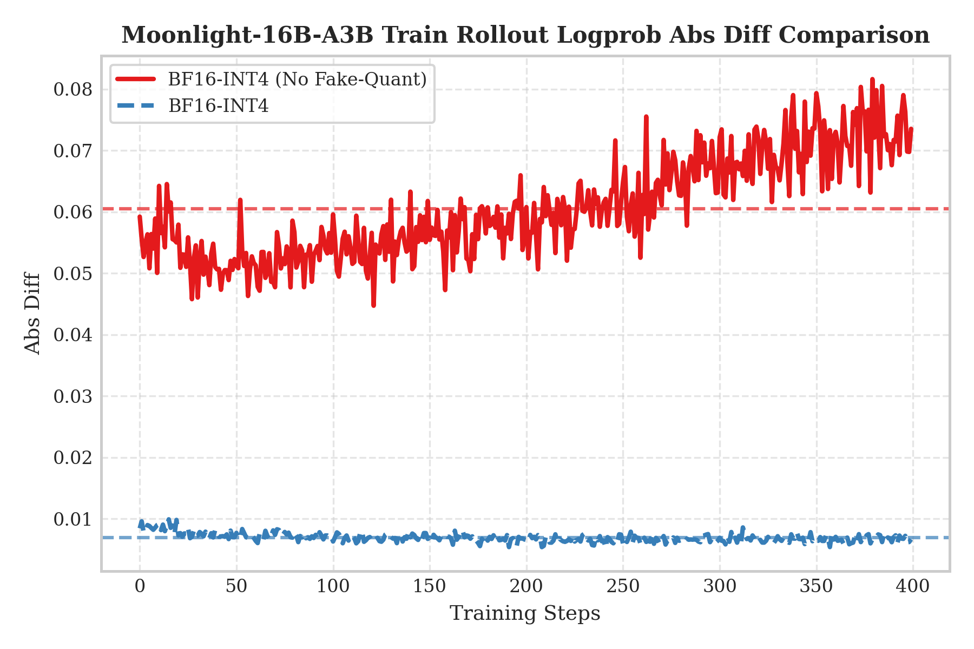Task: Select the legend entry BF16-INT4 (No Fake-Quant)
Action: click(x=297, y=80)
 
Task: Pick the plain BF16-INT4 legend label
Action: click(x=218, y=106)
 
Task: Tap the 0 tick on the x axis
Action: click(x=140, y=586)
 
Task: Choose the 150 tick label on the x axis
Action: click(x=430, y=586)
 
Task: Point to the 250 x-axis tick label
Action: click(x=623, y=586)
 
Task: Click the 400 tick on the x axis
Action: click(x=913, y=586)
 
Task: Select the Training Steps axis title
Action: click(x=525, y=614)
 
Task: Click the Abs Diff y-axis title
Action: click(x=32, y=313)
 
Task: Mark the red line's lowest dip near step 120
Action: click(x=373, y=306)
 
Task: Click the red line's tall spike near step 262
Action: click(x=646, y=116)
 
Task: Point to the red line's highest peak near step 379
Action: click(x=872, y=79)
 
